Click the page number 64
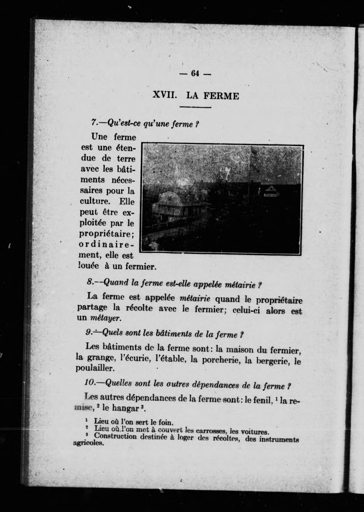[x=195, y=73]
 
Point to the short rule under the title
[x=195, y=107]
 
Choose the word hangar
[x=125, y=408]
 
